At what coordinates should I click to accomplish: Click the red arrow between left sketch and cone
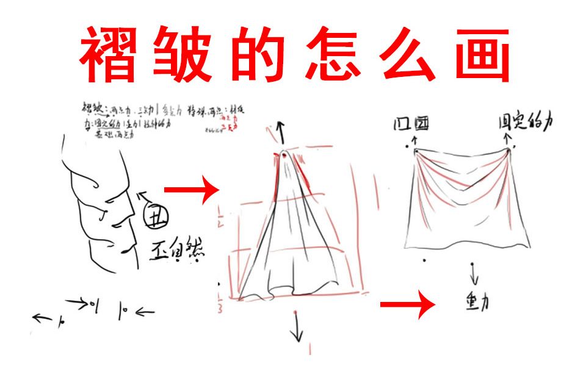(x=191, y=190)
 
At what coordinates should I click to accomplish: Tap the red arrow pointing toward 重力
(x=407, y=306)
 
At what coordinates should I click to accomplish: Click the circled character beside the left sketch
(x=157, y=215)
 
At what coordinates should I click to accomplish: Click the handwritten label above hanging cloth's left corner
(x=411, y=125)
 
